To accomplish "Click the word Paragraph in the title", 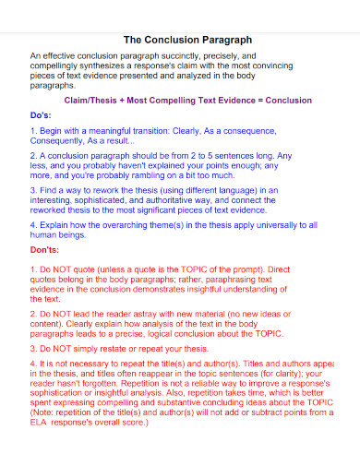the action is pyautogui.click(x=220, y=41).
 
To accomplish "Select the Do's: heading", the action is pyautogui.click(x=42, y=117).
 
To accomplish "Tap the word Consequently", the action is pyautogui.click(x=61, y=143).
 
